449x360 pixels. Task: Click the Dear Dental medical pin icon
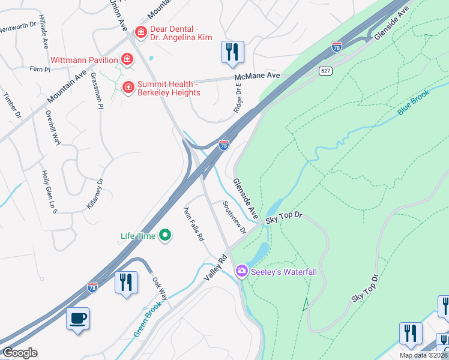(140, 32)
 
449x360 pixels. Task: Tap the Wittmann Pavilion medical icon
(127, 59)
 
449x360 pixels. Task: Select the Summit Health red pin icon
(128, 88)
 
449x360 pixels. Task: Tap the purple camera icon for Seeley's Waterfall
(242, 272)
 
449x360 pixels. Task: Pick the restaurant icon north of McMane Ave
(232, 52)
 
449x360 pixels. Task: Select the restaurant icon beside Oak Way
(126, 282)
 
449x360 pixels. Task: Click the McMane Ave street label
(258, 76)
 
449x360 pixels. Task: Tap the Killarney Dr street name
(95, 193)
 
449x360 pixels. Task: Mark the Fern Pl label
(40, 70)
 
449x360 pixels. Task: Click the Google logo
(20, 353)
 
